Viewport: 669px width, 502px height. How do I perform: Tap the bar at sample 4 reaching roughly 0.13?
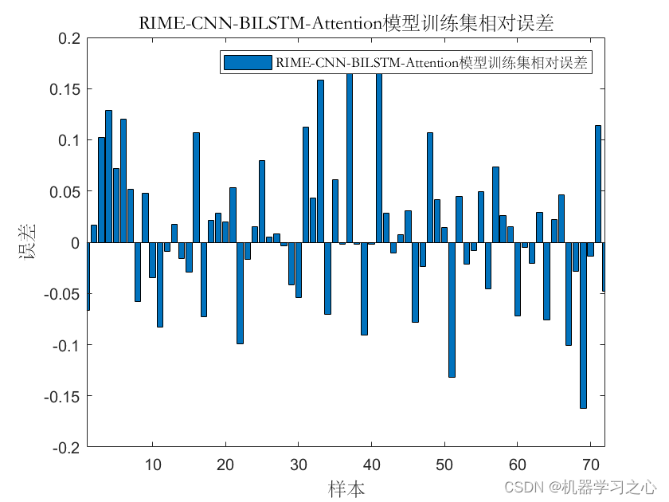point(108,176)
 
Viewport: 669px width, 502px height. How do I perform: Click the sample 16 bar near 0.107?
point(196,187)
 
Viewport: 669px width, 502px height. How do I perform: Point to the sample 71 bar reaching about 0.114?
point(597,184)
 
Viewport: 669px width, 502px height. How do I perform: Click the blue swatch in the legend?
point(247,63)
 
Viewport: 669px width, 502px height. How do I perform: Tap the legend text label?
point(430,63)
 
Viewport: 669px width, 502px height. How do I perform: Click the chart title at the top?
point(346,23)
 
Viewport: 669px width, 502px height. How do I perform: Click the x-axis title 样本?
point(346,488)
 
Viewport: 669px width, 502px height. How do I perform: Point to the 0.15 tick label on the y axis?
point(65,89)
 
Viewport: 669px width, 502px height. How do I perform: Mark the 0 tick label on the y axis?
point(76,243)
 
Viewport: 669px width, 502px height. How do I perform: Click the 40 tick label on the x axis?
point(371,465)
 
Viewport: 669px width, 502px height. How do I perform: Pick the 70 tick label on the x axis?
point(590,465)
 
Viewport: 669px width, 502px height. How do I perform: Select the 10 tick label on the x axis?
point(152,465)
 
